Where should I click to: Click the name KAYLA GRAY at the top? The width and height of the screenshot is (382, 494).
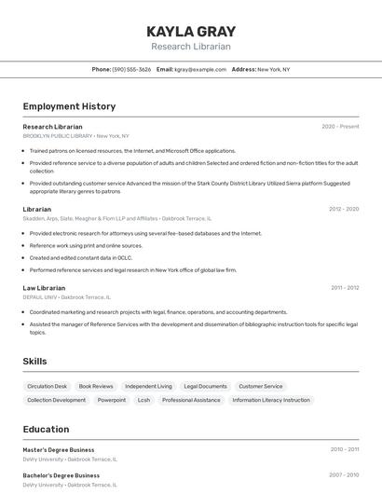coord(191,31)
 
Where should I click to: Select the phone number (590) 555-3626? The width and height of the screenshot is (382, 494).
coord(131,69)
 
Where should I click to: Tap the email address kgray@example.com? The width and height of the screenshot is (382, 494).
coord(200,69)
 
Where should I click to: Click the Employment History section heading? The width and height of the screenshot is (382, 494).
coord(69,106)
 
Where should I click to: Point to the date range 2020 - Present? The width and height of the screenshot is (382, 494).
coord(340,127)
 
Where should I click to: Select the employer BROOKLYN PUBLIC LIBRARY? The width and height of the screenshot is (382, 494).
coord(58,136)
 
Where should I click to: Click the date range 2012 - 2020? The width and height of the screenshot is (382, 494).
coord(344,209)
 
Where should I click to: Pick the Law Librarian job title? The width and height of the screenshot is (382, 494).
coord(44,288)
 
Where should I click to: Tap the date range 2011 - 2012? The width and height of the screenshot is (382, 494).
coord(345,288)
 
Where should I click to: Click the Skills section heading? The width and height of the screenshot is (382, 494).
coord(34,361)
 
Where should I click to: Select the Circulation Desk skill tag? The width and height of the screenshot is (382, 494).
coord(48,386)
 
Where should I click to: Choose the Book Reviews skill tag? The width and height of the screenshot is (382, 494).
coord(96,386)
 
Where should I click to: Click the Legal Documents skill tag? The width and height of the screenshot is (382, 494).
coord(205,386)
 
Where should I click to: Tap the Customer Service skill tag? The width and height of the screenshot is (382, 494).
coord(261,386)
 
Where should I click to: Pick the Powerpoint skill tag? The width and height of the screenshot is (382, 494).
coord(112,400)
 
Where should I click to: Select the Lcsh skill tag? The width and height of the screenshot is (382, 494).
coord(143,400)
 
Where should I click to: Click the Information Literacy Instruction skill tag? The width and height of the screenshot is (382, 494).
coord(271,400)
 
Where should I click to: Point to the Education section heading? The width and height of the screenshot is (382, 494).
coord(46,430)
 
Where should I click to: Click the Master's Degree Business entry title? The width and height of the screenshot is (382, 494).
coord(59,450)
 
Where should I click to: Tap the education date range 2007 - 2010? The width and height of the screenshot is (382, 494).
coord(344,475)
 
